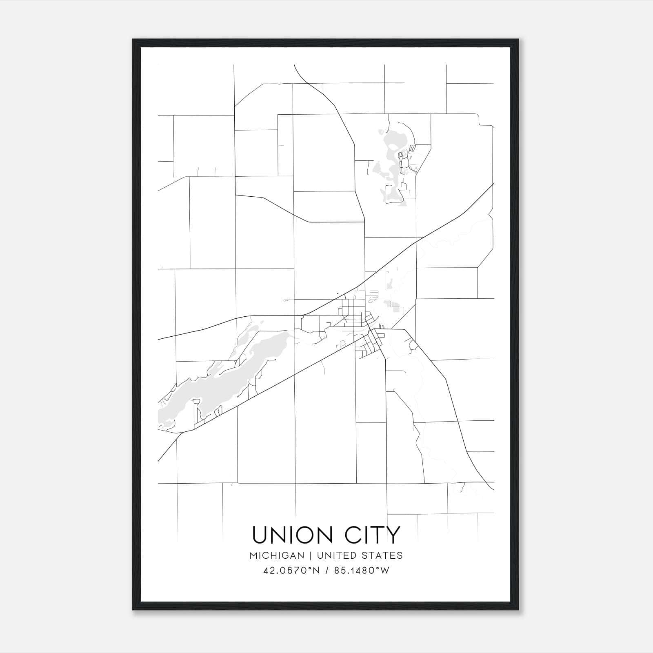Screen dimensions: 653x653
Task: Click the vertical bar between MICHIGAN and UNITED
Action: pos(311,555)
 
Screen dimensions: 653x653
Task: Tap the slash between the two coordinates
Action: pos(326,571)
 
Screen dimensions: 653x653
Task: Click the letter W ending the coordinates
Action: pos(385,571)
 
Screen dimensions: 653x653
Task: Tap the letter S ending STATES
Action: pos(400,555)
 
